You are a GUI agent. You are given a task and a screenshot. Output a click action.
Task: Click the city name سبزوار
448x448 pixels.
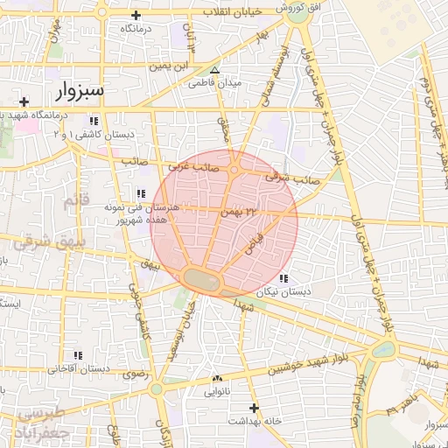[80, 90]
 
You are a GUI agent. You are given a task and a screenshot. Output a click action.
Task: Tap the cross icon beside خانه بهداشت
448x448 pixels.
[255, 408]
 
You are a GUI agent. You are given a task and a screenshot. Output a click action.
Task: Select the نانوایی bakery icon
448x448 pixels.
[217, 379]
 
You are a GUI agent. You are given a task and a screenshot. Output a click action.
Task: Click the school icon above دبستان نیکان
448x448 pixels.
[282, 279]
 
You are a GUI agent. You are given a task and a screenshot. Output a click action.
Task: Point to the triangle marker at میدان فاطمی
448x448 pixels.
[214, 71]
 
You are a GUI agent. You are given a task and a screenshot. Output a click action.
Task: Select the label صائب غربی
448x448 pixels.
[192, 163]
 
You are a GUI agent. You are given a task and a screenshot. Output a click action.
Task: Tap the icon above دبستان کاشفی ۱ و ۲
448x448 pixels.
[94, 121]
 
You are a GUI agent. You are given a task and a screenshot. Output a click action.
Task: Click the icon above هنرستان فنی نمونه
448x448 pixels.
[140, 193]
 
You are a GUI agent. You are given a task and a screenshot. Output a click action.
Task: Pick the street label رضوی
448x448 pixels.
[136, 374]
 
